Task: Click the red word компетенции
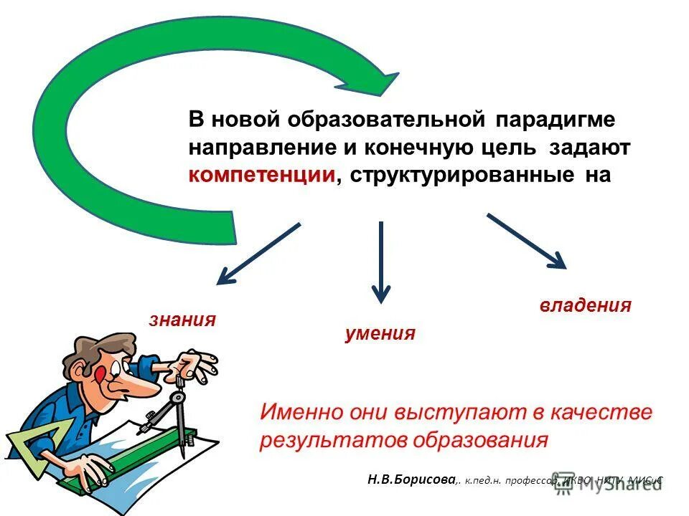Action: point(263,176)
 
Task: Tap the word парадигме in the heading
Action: point(559,120)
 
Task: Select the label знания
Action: point(182,320)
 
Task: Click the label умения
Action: point(380,333)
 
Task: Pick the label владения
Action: point(585,305)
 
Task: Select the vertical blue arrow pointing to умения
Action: point(380,262)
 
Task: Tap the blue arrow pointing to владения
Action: point(528,242)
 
